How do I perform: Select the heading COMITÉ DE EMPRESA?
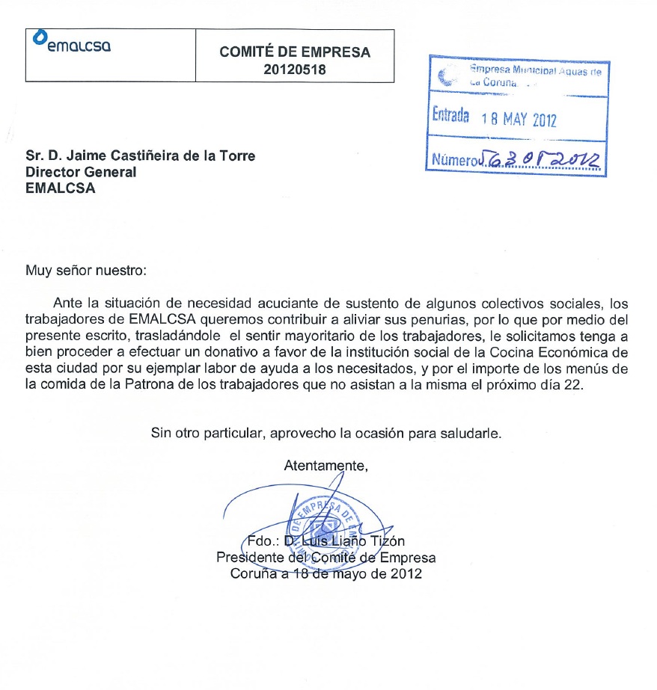[295, 52]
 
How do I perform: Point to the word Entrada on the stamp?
[451, 117]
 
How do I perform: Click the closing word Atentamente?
[326, 466]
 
